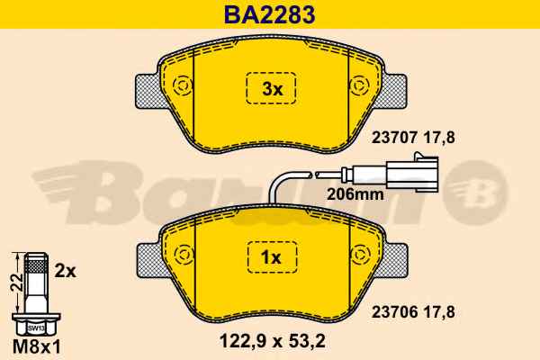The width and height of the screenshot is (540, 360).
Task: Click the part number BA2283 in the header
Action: (270, 14)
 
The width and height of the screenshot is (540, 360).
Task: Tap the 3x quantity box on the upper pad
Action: (271, 88)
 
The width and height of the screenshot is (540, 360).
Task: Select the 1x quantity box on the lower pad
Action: (272, 257)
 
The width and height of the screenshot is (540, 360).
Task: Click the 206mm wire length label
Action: (355, 194)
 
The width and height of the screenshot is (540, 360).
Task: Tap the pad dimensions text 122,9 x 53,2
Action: (272, 341)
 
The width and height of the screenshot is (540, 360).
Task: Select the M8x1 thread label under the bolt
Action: (37, 346)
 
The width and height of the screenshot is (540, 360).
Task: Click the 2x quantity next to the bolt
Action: (65, 272)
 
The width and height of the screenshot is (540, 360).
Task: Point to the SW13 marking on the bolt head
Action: (36, 328)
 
